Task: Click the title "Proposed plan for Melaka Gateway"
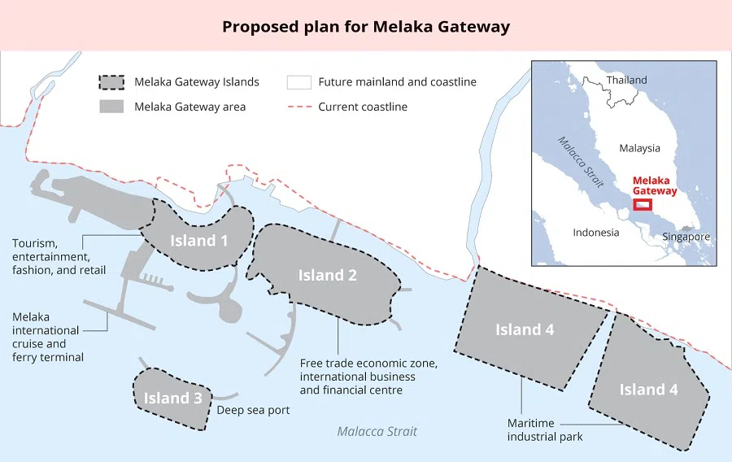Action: point(366,27)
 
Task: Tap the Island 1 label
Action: point(198,240)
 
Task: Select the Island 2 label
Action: point(327,275)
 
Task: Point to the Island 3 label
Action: point(172,398)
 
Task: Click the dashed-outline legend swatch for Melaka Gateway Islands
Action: point(111,82)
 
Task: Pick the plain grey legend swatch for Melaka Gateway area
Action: point(111,107)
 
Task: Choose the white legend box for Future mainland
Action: point(299,82)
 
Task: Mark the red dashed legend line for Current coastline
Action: point(298,107)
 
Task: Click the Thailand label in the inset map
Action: point(626,80)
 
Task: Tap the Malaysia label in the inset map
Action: point(639,148)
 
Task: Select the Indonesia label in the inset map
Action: point(595,232)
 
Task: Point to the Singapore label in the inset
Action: point(685,237)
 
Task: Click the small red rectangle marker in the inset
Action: point(643,204)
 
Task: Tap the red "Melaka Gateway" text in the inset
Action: point(655,185)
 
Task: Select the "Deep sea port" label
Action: point(253,410)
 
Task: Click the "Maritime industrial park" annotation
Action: point(545,430)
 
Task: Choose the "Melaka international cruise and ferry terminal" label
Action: point(47,337)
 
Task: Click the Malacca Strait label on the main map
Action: point(377,431)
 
